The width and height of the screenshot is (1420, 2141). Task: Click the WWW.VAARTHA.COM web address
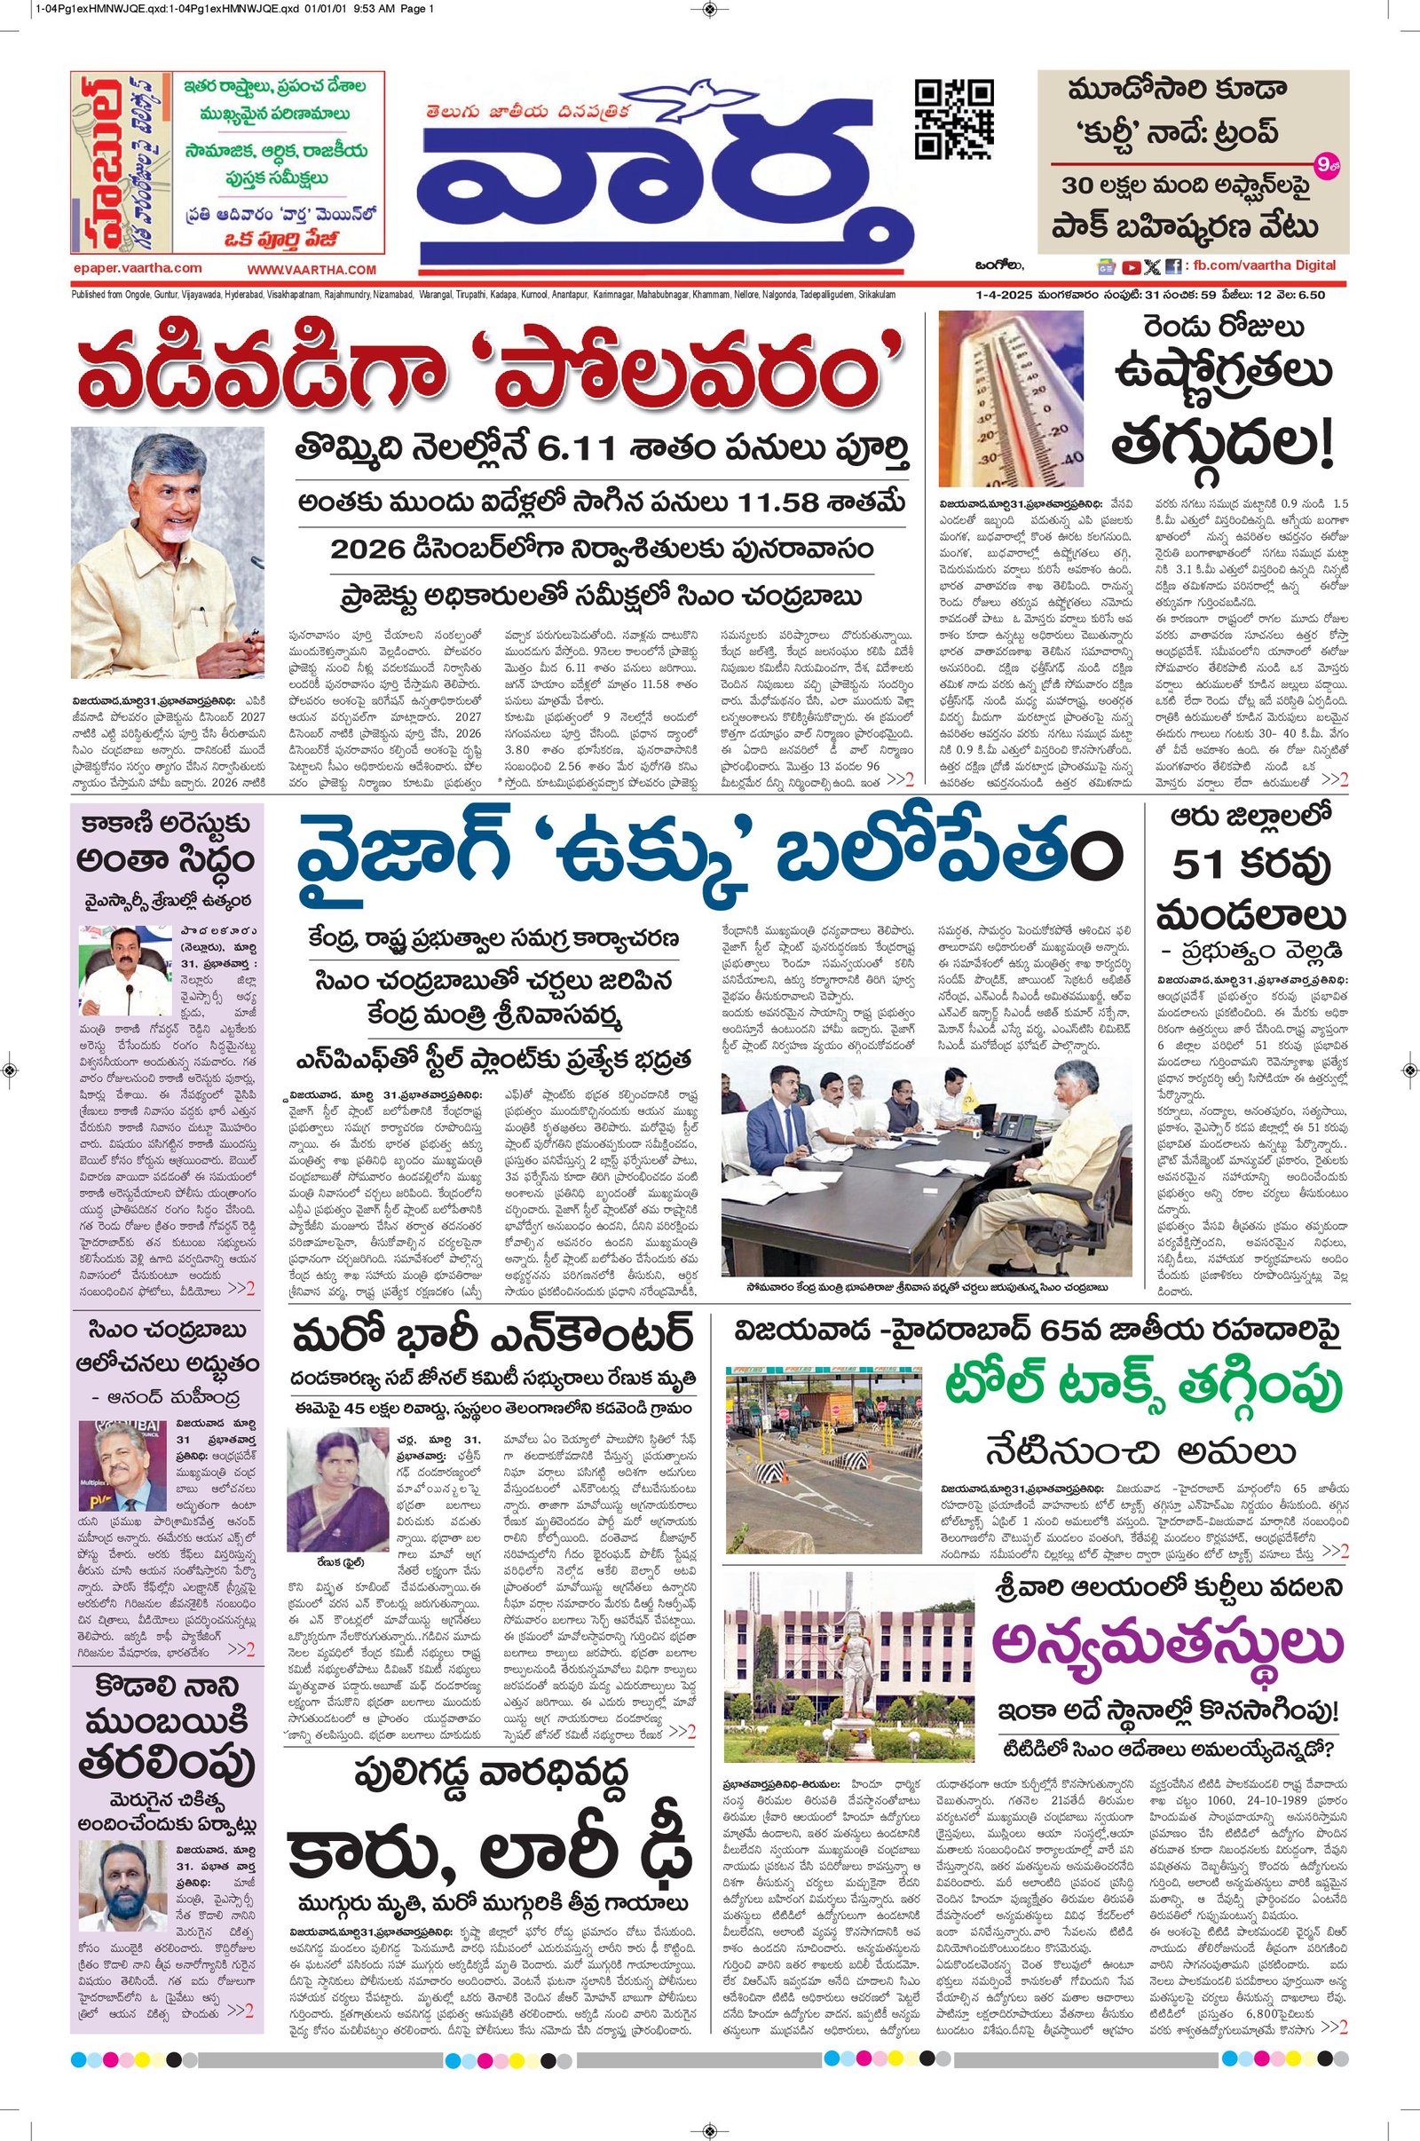point(312,270)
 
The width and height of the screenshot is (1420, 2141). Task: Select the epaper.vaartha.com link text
point(138,268)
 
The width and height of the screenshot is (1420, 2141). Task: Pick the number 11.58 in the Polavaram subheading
point(800,501)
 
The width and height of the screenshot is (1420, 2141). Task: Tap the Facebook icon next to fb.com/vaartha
point(1172,267)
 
